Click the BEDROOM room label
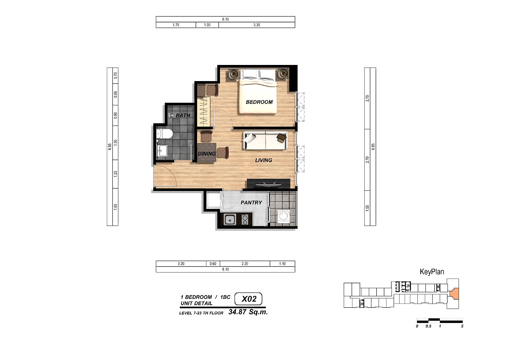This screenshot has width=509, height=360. [259, 102]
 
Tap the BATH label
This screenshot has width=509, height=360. [183, 115]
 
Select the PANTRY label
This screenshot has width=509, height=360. [251, 202]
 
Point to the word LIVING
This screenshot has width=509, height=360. [263, 160]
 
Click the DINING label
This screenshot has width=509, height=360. [207, 154]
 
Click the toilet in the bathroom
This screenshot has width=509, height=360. [164, 134]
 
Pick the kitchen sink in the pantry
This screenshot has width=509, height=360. [230, 220]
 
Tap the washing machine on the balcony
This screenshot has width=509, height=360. [283, 216]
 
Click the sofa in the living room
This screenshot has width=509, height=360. [265, 141]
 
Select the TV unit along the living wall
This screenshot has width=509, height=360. [268, 183]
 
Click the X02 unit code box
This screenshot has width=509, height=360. [249, 299]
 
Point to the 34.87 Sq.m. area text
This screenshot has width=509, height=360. [248, 312]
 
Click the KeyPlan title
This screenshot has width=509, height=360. [432, 272]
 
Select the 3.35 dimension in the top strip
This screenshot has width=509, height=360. [257, 25]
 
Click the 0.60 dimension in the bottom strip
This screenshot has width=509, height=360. [213, 264]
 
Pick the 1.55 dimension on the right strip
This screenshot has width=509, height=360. [367, 208]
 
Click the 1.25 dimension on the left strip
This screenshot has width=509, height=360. [116, 174]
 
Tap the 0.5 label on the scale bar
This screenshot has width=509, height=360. [428, 326]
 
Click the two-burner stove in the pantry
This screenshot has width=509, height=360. [245, 219]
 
